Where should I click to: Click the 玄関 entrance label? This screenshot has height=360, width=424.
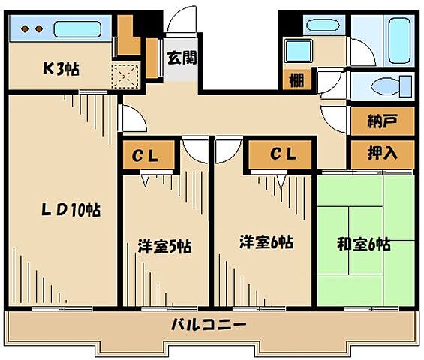point(182,58)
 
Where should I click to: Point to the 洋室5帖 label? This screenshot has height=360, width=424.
point(164,245)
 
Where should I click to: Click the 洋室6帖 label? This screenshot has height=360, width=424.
point(266,241)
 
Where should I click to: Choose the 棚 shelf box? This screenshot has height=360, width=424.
point(296,80)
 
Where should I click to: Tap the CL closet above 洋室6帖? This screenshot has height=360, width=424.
point(283,154)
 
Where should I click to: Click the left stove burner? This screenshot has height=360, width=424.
point(24,29)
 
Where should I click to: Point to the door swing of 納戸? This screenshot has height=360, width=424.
point(333,118)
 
